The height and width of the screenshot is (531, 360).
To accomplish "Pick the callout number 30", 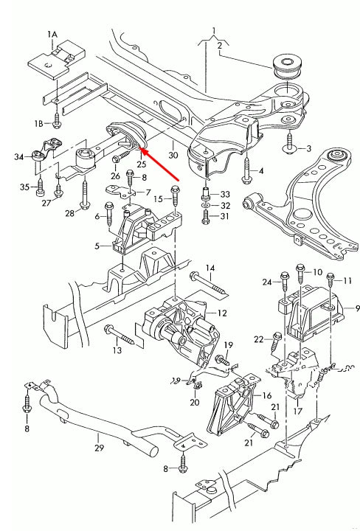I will [x=173, y=156].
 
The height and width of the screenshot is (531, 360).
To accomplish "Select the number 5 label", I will [x=97, y=246].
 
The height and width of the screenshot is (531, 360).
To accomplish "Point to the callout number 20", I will [x=195, y=403].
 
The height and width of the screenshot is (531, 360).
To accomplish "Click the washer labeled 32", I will [x=206, y=205].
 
